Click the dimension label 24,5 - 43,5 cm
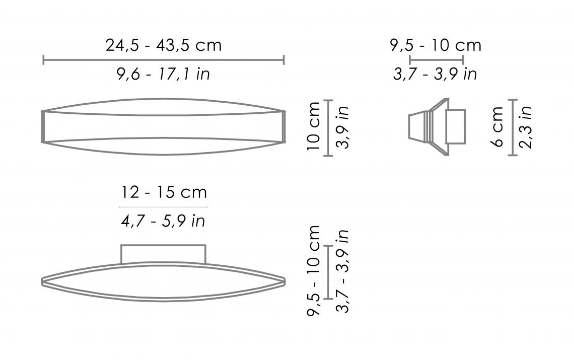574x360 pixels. click(x=164, y=45)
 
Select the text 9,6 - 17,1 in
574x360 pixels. click(x=163, y=75)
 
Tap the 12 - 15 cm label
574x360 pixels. click(x=164, y=192)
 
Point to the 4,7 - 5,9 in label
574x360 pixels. click(x=163, y=221)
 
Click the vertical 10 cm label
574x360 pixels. click(x=314, y=126)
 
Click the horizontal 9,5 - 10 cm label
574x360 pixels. click(x=436, y=45)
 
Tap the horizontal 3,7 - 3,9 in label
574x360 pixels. click(x=435, y=75)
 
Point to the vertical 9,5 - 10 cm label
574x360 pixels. click(x=314, y=271)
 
